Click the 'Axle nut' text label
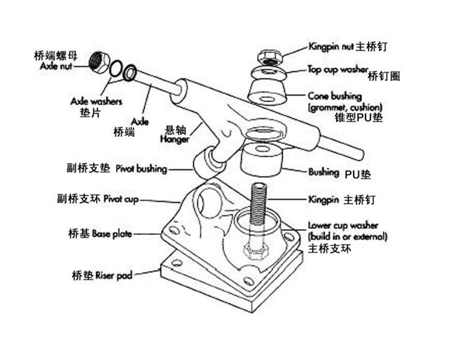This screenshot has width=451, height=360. click(x=56, y=67)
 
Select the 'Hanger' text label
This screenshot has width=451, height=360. click(x=175, y=139)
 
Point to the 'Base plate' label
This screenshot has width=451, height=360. click(x=111, y=233)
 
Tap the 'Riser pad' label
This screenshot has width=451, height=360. click(x=114, y=276)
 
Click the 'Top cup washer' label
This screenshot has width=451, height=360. click(x=337, y=69)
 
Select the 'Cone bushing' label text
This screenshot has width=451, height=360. click(x=334, y=96)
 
